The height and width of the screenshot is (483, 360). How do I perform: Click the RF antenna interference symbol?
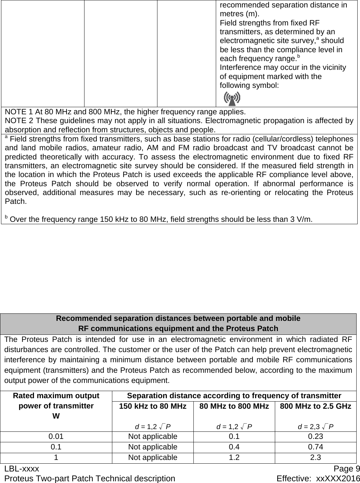[x=232, y=98]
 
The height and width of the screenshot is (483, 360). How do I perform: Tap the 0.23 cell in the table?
[x=316, y=436]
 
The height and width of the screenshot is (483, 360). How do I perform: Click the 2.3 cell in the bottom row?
[x=316, y=457]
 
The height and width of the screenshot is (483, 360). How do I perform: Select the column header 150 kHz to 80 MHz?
[x=153, y=406]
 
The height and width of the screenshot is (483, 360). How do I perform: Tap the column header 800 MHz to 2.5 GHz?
[x=316, y=406]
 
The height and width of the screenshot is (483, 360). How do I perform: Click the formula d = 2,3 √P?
[x=316, y=426]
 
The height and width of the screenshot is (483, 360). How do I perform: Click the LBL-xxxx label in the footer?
[x=22, y=469]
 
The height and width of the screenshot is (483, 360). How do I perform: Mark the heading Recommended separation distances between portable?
[x=178, y=318]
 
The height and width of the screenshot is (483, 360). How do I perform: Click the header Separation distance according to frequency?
[x=234, y=395]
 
